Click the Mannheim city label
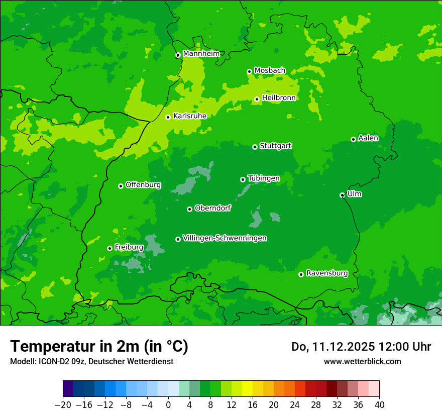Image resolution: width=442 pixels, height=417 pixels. [201, 54]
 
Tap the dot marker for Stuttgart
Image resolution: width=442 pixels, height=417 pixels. [255, 147]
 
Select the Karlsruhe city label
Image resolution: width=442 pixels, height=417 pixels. [190, 116]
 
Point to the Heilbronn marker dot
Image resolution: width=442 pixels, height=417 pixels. [257, 99]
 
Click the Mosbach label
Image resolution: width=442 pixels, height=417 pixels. [270, 71]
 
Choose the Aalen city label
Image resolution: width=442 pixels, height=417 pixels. [368, 138]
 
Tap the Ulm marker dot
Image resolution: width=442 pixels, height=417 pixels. [342, 195]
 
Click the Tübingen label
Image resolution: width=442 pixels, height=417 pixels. [264, 178]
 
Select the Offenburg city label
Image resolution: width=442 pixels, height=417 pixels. [143, 185]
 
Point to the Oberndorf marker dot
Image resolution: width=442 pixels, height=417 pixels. [189, 209]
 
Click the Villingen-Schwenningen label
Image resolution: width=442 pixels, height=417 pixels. [225, 238]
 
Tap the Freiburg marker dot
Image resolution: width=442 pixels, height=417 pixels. [109, 248]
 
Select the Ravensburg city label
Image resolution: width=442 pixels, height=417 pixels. [327, 273]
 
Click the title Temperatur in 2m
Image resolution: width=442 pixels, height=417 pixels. [99, 346]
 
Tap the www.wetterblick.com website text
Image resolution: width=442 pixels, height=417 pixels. [362, 361]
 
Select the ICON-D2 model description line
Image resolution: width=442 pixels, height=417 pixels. [91, 361]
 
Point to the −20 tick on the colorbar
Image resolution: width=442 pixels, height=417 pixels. [63, 404]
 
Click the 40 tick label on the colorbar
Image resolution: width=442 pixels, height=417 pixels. [379, 404]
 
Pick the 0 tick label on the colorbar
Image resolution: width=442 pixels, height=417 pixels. [168, 404]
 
